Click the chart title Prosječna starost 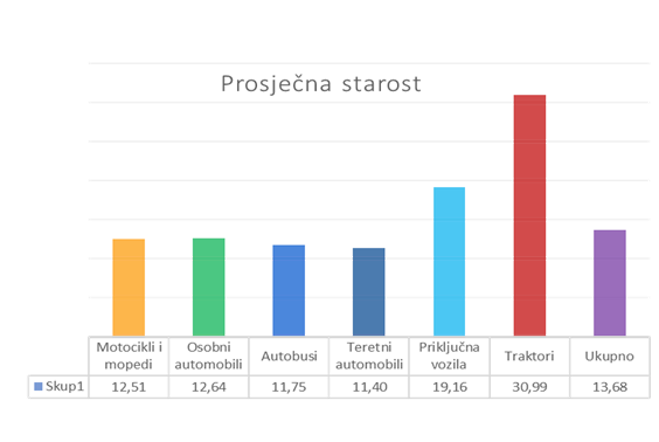[x=321, y=84]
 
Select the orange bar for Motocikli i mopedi [x=128, y=286]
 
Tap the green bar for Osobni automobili [x=209, y=286]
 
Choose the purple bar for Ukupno [x=610, y=282]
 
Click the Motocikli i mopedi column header [x=128, y=356]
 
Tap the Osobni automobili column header [x=209, y=356]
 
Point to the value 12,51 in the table [x=128, y=387]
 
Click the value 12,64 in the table [x=209, y=387]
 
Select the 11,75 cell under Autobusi [x=289, y=387]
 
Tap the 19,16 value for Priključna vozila [x=450, y=387]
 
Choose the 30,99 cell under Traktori [x=529, y=387]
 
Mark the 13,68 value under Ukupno [x=610, y=387]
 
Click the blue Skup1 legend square [x=38, y=386]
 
